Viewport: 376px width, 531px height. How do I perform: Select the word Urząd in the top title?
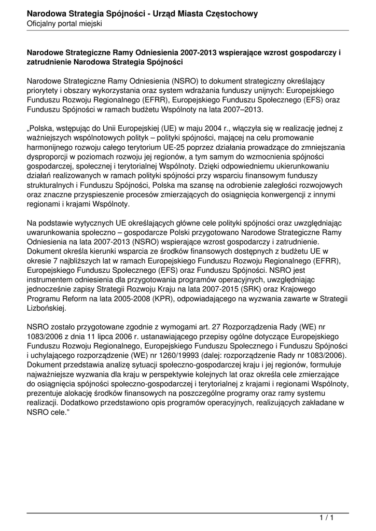[x=166, y=14]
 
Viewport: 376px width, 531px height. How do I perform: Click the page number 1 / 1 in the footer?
[x=326, y=518]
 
